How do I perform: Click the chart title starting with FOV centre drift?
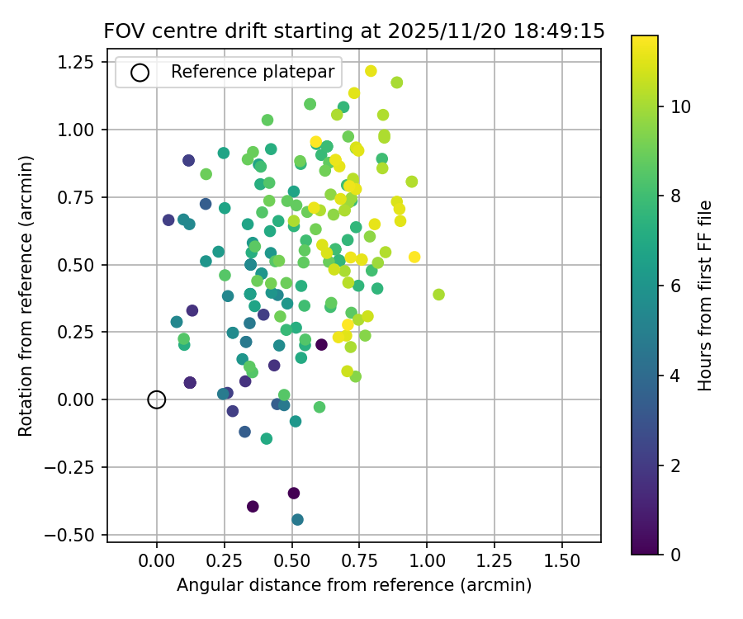(x=354, y=31)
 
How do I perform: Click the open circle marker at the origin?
(x=157, y=399)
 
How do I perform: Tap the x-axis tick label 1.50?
(x=562, y=558)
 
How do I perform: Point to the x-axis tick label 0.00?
(x=157, y=558)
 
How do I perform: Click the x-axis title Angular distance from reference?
(x=354, y=585)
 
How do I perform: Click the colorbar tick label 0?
(x=676, y=554)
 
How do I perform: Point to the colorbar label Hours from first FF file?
(x=705, y=295)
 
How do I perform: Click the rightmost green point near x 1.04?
(x=438, y=295)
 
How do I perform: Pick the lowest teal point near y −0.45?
(x=297, y=519)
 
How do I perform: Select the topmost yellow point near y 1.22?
(x=371, y=71)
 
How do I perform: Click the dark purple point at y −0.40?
(x=253, y=506)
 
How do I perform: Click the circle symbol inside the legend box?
(x=140, y=73)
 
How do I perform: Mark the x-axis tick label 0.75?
(x=359, y=558)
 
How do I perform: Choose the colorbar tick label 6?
(x=676, y=286)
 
